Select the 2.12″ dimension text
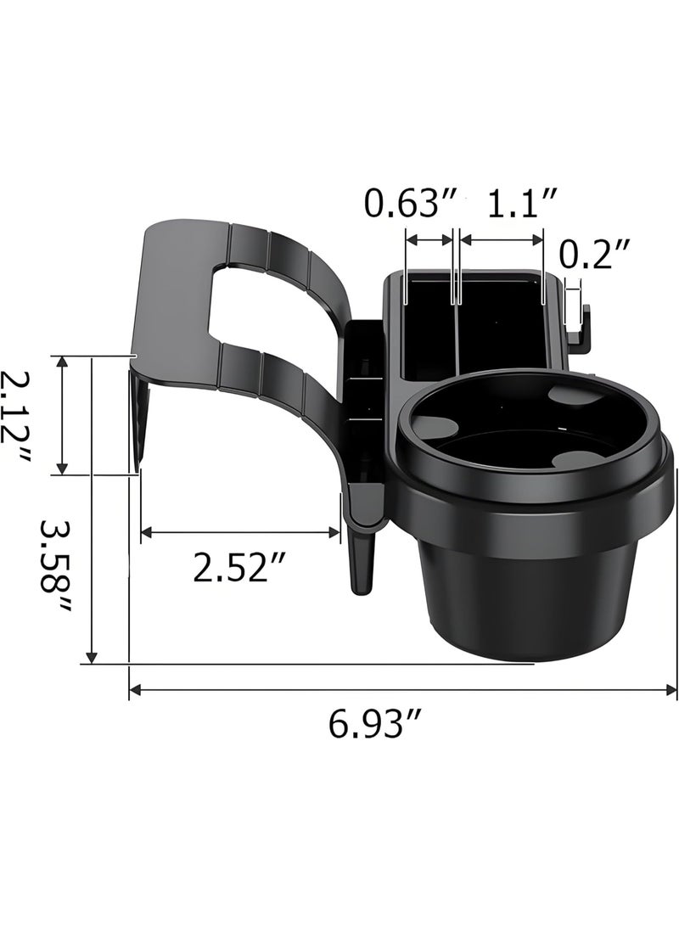[x=14, y=417]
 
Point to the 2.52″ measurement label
[x=240, y=568]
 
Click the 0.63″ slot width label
[x=411, y=205]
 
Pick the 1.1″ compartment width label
[x=523, y=205]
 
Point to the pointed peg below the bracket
[x=362, y=560]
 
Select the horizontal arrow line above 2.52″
[x=240, y=532]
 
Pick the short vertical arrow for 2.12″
[x=62, y=415]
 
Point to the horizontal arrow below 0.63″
[x=430, y=240]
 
